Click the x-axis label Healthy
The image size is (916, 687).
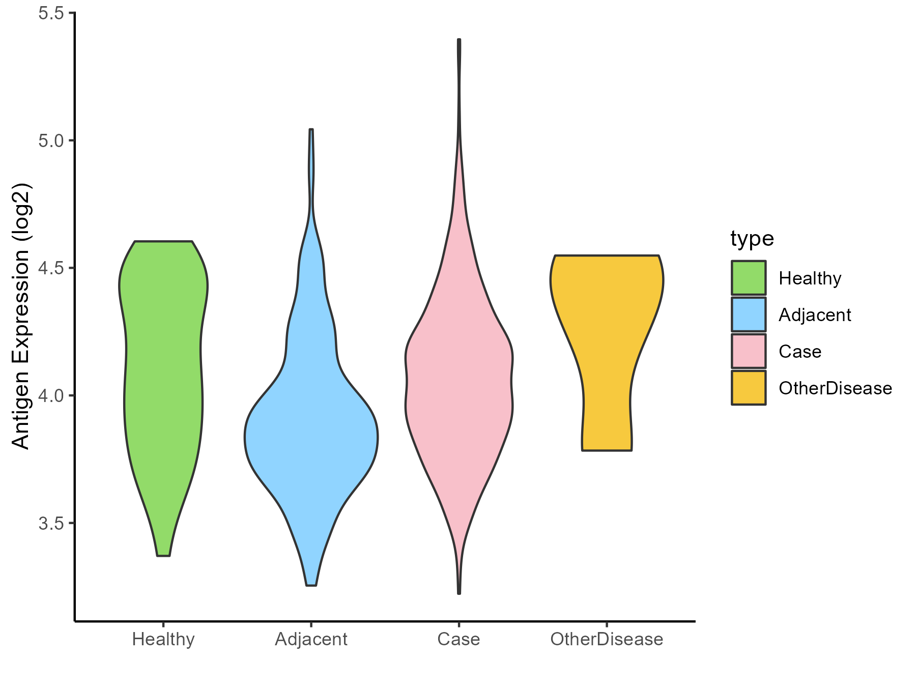click(163, 639)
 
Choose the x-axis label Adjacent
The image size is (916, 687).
click(311, 639)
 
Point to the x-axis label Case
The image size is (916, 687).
click(459, 639)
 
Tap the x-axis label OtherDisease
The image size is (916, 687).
click(607, 639)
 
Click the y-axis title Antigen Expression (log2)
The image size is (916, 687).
click(21, 316)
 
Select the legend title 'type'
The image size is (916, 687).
click(752, 238)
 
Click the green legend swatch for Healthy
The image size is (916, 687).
click(749, 278)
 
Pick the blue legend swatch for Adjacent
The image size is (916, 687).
click(749, 314)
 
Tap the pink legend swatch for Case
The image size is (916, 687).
click(749, 351)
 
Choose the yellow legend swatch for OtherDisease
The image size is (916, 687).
click(749, 388)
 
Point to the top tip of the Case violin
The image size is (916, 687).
click(459, 40)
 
